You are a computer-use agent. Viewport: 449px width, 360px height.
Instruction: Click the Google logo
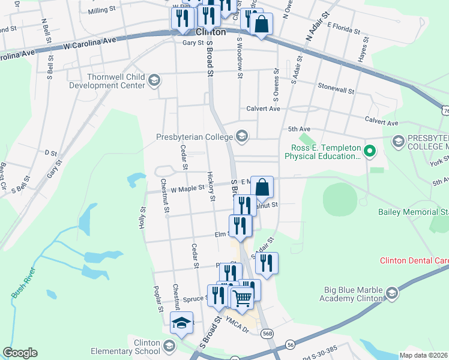pos(20,353)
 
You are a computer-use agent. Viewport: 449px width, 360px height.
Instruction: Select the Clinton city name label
pos(211,32)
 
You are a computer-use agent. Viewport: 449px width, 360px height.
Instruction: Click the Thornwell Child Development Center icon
pos(154,80)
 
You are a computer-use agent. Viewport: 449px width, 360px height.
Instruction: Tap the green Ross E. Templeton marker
pos(370,152)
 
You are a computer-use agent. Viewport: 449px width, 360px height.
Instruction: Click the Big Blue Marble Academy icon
pos(391,293)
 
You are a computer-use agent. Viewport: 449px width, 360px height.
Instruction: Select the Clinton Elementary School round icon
pos(170,346)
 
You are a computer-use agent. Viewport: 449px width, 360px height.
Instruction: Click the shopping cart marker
pos(241,298)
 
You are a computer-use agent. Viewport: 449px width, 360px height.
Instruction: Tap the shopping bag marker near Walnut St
pos(262,187)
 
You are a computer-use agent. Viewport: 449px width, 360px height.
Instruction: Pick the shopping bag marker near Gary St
pos(262,25)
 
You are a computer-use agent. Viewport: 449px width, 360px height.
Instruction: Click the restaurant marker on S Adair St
pos(267,263)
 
